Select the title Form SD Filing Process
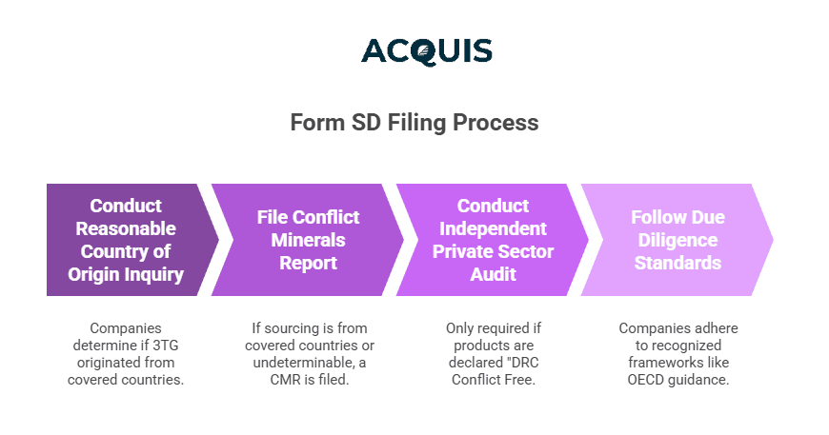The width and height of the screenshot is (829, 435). pyautogui.click(x=414, y=123)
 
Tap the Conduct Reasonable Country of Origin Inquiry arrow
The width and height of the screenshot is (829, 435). pyautogui.click(x=126, y=240)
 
